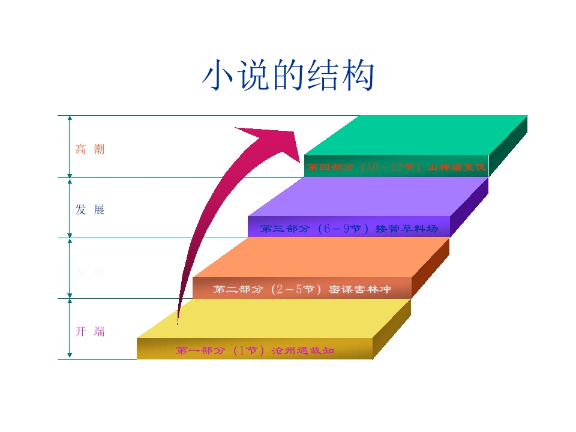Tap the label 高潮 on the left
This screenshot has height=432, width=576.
tap(90, 149)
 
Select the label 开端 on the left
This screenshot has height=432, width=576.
tap(90, 331)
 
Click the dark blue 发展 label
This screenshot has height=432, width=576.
tap(90, 209)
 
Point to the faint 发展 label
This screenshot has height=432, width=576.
tap(90, 272)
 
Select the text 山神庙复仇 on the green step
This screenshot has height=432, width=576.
tap(456, 167)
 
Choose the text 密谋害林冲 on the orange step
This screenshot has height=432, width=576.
tap(360, 290)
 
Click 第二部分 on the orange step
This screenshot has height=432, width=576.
tap(238, 290)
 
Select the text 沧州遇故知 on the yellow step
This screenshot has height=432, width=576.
tap(302, 350)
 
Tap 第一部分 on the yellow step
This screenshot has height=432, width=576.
tap(200, 350)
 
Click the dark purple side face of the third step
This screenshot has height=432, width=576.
tap(469, 207)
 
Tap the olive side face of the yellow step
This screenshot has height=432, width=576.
tap(392, 329)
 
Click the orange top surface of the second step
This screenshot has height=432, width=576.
tap(324, 258)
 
